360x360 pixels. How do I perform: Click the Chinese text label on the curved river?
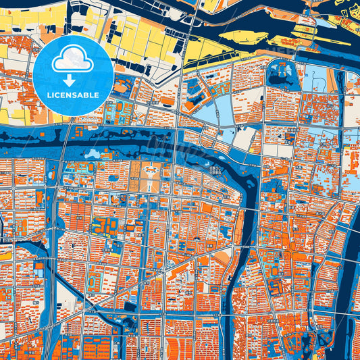pos(215,170)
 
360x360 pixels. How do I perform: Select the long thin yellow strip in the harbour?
pos(318,49)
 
